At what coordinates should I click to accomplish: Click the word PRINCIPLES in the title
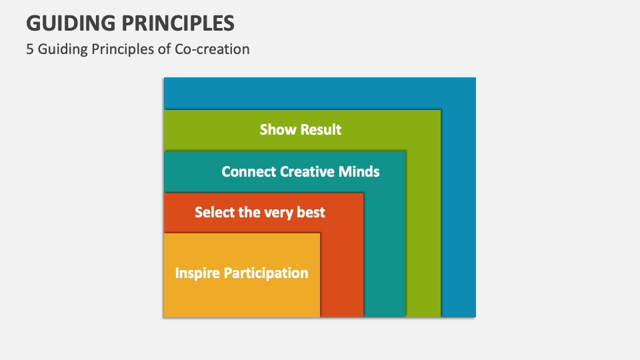click(x=178, y=23)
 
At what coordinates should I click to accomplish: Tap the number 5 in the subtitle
click(x=30, y=49)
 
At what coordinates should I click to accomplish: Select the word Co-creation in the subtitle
click(x=212, y=49)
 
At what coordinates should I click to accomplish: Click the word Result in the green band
click(x=321, y=129)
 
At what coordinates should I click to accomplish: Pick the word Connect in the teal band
click(x=249, y=171)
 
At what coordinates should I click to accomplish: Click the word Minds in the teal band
click(x=359, y=171)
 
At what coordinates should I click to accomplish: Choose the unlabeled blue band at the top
click(x=319, y=93)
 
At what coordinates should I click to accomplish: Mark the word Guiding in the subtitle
click(x=63, y=49)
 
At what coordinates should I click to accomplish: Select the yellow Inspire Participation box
click(x=242, y=275)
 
